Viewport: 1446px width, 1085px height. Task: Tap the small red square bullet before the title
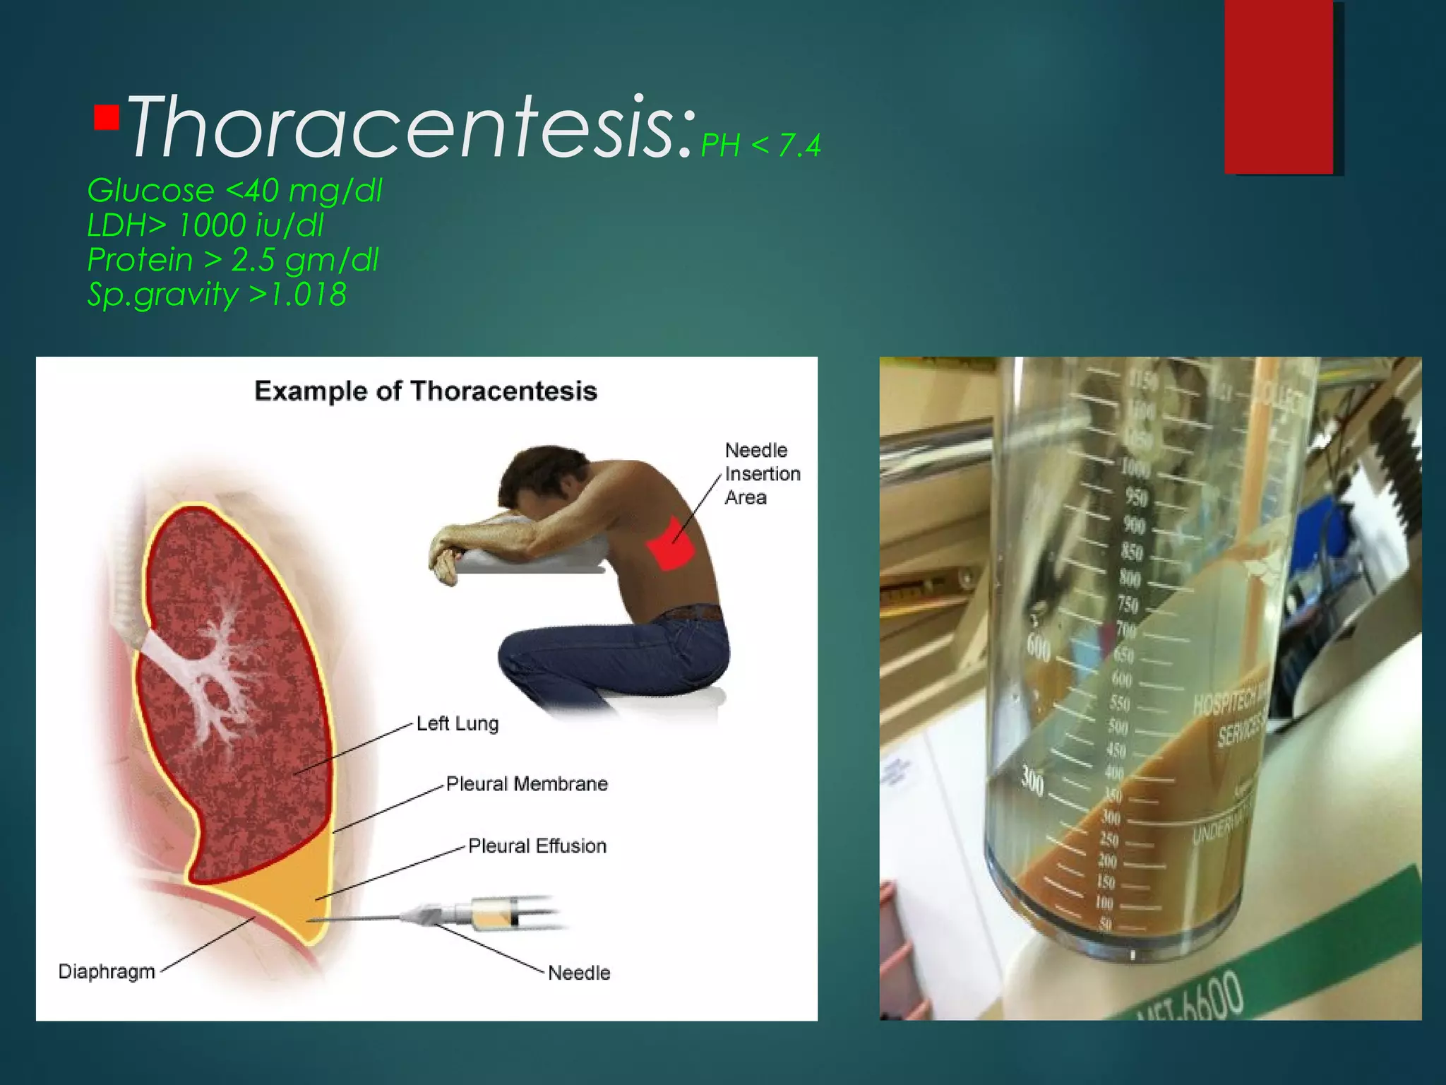coord(107,117)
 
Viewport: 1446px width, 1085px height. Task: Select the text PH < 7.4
coord(760,146)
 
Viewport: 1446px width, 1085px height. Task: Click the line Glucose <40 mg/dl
coord(234,191)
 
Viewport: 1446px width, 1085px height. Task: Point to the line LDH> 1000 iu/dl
coord(205,225)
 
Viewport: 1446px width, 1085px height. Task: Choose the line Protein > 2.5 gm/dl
coord(233,260)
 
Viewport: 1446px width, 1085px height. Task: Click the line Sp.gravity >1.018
coord(217,295)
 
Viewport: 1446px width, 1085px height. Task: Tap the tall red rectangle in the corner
coord(1279,86)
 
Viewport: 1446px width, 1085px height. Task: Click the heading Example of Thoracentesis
coord(426,391)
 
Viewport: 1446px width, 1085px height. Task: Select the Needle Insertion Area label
coord(761,473)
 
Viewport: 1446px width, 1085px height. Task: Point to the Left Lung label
coord(457,723)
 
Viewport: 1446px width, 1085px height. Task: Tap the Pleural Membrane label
coord(527,784)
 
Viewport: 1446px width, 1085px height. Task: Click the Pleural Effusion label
coord(537,846)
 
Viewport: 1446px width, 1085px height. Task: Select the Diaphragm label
coord(107,971)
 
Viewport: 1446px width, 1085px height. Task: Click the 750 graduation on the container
coord(1128,605)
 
